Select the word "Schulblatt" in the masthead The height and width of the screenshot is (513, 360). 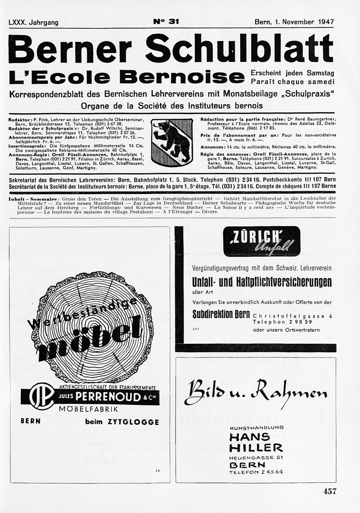[239, 49]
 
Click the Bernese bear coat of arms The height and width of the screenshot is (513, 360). [172, 141]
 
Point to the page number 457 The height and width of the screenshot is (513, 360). [330, 491]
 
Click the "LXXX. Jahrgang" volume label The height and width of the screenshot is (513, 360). [33, 22]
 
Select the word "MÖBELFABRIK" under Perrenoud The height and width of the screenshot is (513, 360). [89, 409]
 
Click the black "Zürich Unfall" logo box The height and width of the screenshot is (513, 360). [261, 241]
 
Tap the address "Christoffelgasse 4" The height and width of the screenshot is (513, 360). [292, 316]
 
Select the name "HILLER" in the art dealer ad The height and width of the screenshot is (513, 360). [256, 448]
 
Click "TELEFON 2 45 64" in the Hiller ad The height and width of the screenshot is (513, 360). [256, 472]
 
